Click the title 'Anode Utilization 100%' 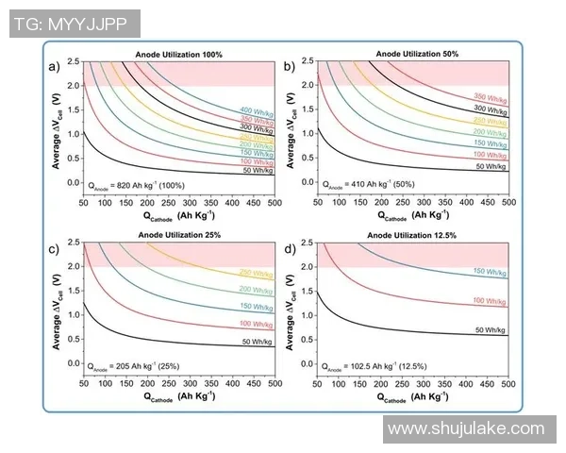179,54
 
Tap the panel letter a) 55,66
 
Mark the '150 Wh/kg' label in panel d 491,272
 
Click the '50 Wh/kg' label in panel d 491,329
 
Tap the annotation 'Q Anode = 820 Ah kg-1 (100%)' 141,184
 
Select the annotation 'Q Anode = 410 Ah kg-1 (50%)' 375,184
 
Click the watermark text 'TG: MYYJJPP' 74,24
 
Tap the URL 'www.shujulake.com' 467,429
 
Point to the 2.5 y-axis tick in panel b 308,61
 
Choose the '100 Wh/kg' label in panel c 256,324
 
